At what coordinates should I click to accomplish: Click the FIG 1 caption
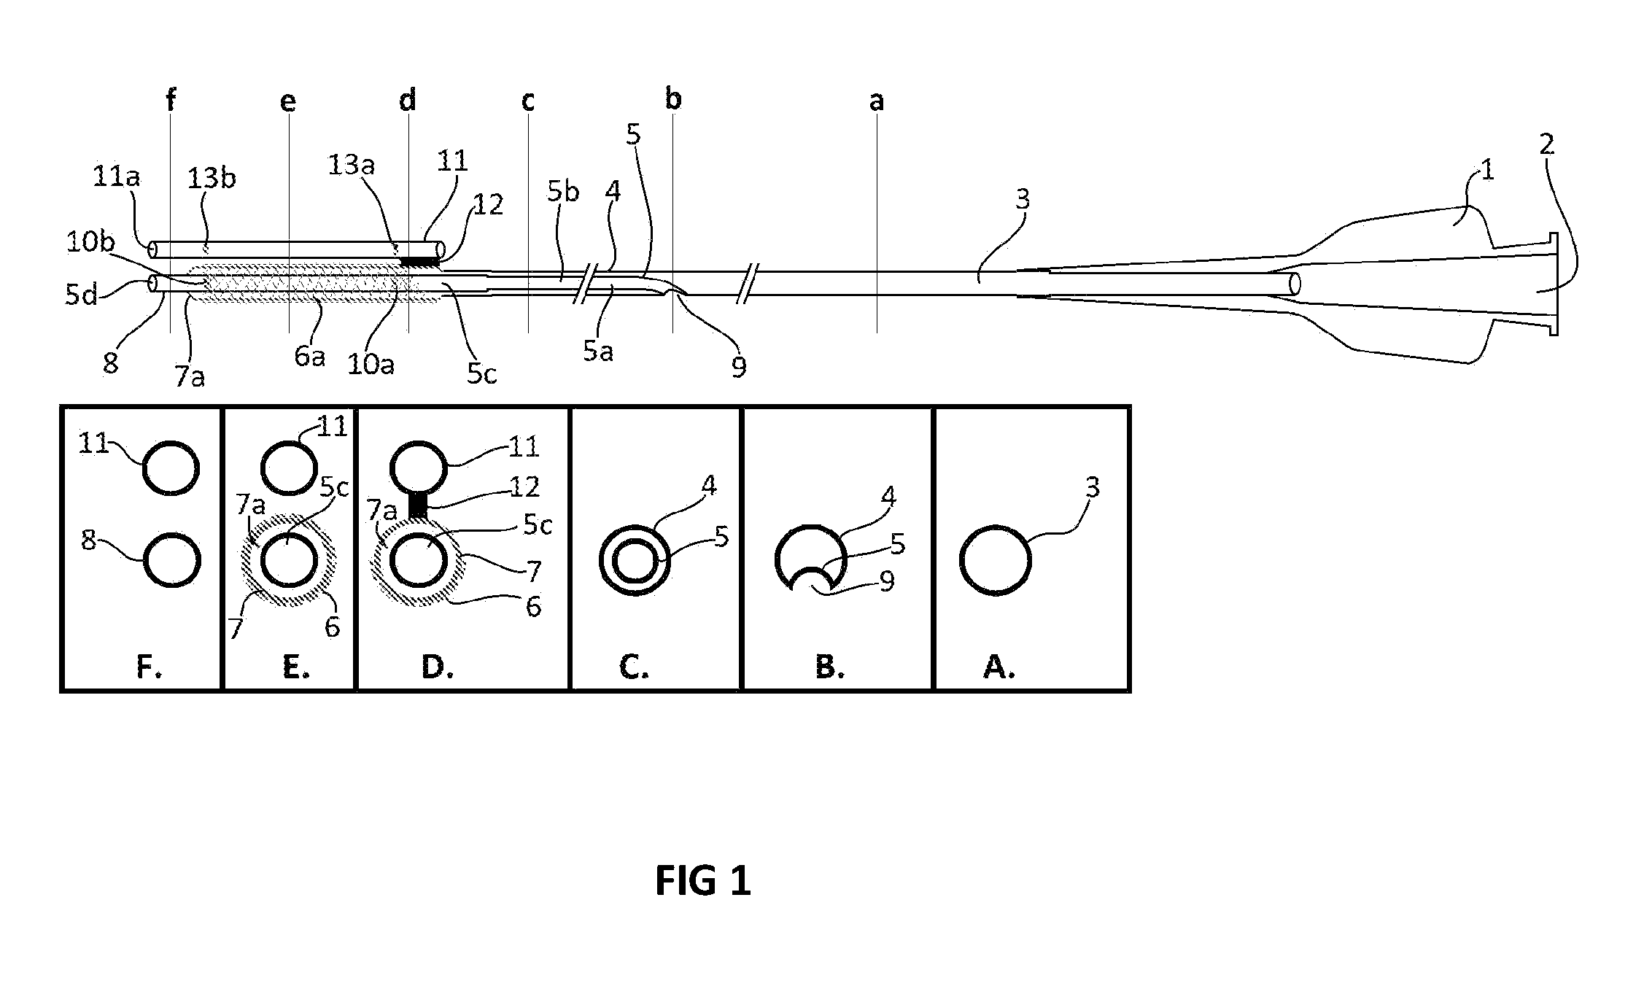click(x=702, y=880)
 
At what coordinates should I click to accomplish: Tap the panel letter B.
click(x=829, y=666)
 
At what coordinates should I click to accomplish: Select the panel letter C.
click(x=633, y=666)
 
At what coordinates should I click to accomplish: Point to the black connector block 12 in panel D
click(x=417, y=505)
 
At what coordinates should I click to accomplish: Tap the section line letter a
click(x=876, y=101)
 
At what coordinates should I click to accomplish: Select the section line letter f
click(x=171, y=99)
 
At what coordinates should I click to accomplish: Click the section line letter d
click(x=408, y=99)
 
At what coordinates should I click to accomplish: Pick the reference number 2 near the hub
click(x=1546, y=144)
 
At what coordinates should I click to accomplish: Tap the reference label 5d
click(x=81, y=295)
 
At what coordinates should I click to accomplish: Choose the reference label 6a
click(x=309, y=357)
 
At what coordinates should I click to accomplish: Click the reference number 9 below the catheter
click(x=739, y=368)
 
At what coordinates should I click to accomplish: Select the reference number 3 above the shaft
click(x=1023, y=198)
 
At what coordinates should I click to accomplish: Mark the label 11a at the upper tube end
click(x=117, y=177)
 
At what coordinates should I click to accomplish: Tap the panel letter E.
click(x=295, y=666)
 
